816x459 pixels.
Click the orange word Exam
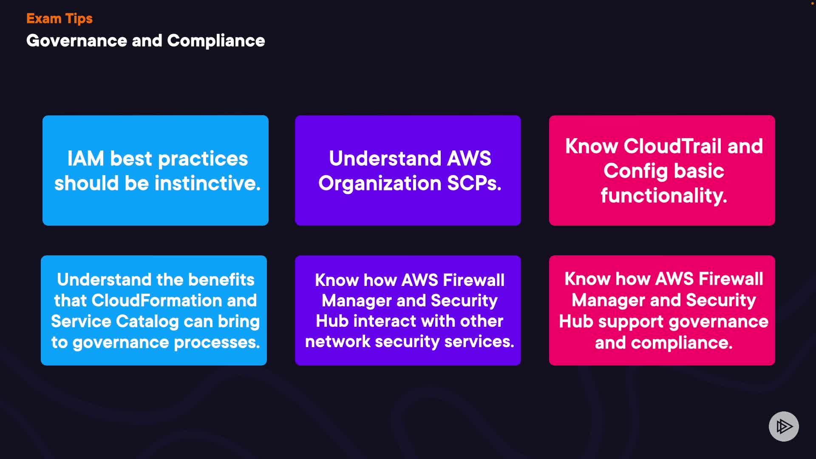(x=44, y=19)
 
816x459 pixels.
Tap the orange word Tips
(x=79, y=19)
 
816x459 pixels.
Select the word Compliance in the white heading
(x=216, y=41)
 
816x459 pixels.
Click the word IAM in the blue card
(x=85, y=159)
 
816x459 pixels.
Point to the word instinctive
(x=207, y=183)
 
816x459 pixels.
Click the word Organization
(x=380, y=184)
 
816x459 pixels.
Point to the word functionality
(x=664, y=195)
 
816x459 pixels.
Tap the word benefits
(x=221, y=280)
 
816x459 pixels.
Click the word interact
(x=384, y=321)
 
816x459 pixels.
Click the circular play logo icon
(x=784, y=426)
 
